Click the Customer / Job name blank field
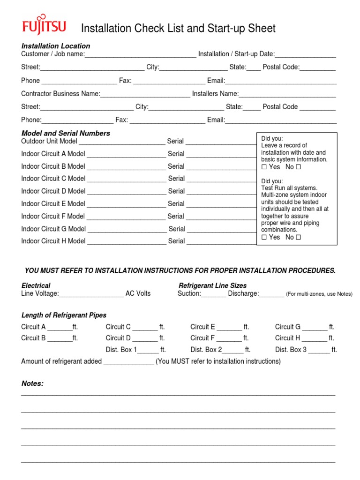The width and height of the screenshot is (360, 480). click(x=140, y=54)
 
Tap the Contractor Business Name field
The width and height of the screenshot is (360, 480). click(x=145, y=94)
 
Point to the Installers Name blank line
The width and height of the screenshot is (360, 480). click(x=287, y=94)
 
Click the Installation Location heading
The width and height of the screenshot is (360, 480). click(x=56, y=46)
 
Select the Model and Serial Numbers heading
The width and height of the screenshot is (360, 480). click(x=66, y=133)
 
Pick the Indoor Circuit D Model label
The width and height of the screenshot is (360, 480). click(x=53, y=191)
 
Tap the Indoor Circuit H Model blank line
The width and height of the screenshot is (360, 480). click(x=127, y=241)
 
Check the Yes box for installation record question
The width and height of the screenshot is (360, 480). click(x=264, y=167)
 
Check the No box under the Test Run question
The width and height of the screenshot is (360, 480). click(x=298, y=237)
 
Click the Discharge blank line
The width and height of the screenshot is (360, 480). click(x=271, y=294)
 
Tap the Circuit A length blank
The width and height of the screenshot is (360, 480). click(x=60, y=327)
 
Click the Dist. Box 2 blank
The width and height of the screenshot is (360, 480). click(x=232, y=350)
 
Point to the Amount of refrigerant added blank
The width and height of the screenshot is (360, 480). click(x=128, y=362)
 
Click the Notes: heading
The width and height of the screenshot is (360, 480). click(x=32, y=383)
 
